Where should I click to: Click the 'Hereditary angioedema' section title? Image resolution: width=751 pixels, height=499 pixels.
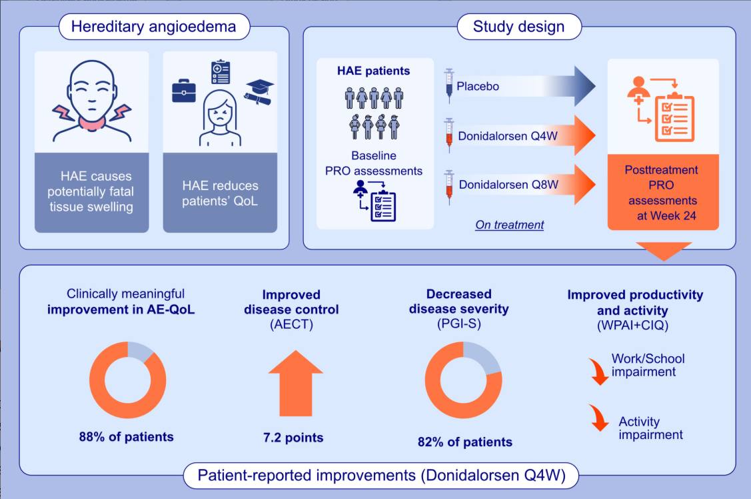coord(153,27)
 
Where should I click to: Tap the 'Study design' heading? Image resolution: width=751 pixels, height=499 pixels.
coord(518,27)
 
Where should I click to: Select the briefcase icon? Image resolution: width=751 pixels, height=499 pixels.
coord(184,90)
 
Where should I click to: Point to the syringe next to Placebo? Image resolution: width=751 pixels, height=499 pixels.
coord(448,85)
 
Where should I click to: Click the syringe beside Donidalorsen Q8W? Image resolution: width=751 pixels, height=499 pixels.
coord(448,184)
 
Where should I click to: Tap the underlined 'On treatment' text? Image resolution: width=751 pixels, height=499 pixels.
coord(509,225)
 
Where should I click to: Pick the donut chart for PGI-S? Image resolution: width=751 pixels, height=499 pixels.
coord(463,380)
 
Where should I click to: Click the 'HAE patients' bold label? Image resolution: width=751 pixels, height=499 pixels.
coord(374,70)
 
